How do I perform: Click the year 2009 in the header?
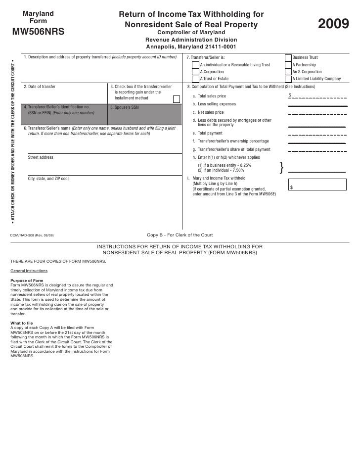coord(333,24)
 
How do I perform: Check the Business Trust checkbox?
coord(288,58)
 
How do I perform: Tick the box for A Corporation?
coord(195,72)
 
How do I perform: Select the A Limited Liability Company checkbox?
coord(288,79)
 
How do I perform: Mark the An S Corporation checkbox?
coord(288,72)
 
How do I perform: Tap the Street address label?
coord(41,157)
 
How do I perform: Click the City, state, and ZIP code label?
coord(48,179)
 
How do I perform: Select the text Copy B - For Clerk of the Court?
coord(180,235)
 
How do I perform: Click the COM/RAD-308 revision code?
coord(32,235)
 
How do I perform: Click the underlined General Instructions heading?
coord(29,271)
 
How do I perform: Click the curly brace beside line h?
coord(282,168)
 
